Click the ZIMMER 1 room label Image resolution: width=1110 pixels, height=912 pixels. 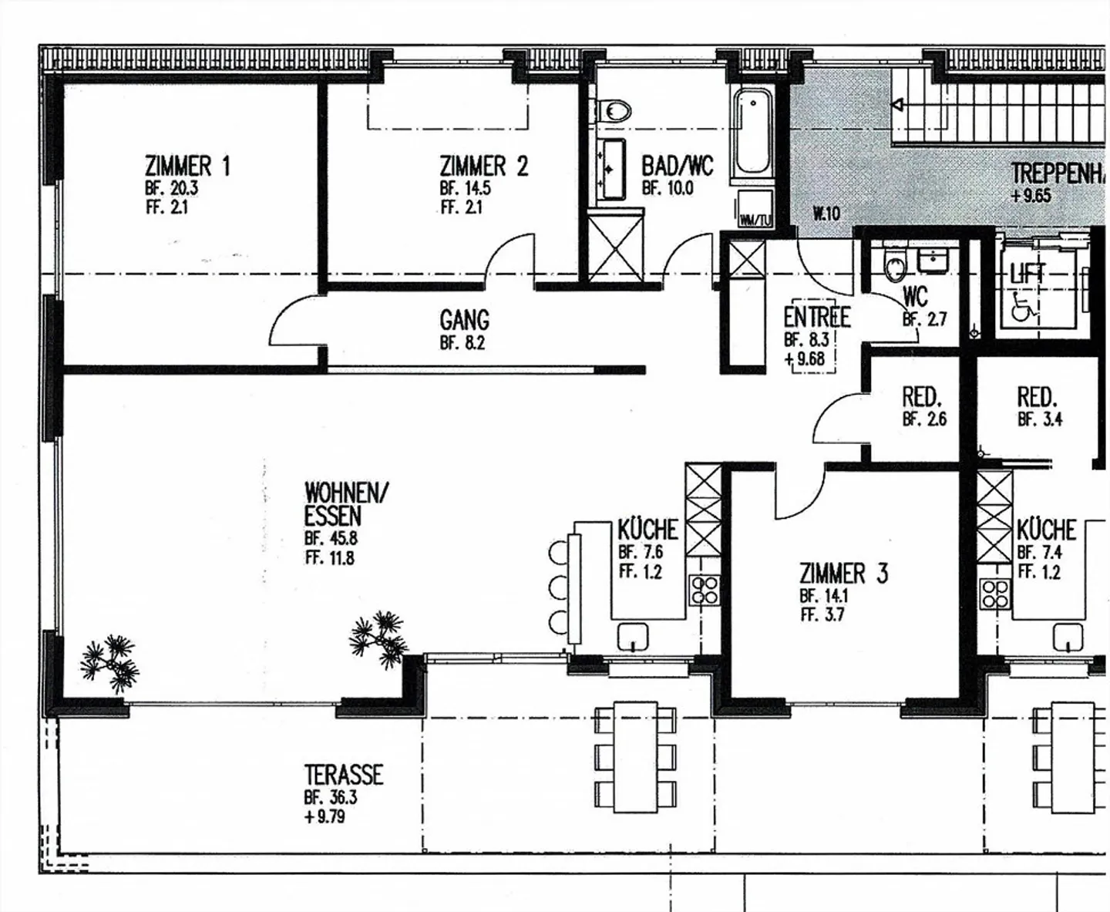pyautogui.click(x=187, y=166)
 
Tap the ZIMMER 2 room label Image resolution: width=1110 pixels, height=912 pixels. pyautogui.click(x=483, y=166)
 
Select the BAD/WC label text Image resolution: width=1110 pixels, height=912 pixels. pyautogui.click(x=677, y=166)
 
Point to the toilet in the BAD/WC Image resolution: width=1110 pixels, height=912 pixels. pyautogui.click(x=614, y=111)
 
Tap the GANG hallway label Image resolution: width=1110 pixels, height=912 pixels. pyautogui.click(x=464, y=320)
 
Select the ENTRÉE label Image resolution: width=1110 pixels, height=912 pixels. pyautogui.click(x=816, y=317)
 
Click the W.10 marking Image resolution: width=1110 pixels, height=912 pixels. pyautogui.click(x=826, y=214)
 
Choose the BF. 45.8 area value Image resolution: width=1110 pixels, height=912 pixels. pyautogui.click(x=331, y=539)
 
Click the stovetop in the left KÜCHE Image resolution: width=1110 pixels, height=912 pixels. pyautogui.click(x=705, y=590)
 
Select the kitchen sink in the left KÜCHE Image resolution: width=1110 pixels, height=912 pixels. pyautogui.click(x=634, y=637)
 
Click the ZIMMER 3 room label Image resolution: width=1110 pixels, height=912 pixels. pyautogui.click(x=843, y=574)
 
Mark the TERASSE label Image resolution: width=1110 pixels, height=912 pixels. pyautogui.click(x=343, y=775)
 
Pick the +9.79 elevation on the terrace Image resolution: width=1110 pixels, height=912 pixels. pyautogui.click(x=325, y=816)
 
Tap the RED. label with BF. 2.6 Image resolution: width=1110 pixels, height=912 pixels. pyautogui.click(x=922, y=398)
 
